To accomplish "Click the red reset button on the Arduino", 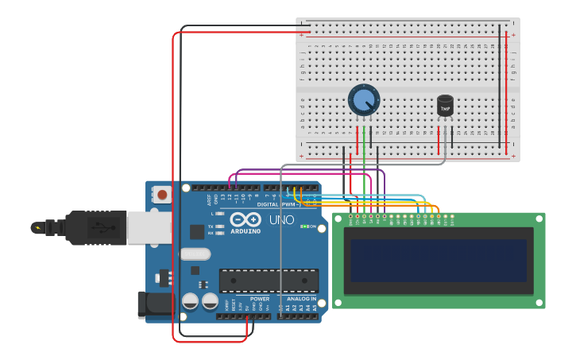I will pos(162,194).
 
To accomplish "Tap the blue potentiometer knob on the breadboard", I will pos(363,100).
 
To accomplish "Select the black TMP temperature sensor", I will pos(445,106).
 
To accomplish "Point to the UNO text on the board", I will pos(281,219).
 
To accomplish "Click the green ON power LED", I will pos(303,226).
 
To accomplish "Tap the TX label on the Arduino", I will pos(210,226).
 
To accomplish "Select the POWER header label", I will pos(260,299).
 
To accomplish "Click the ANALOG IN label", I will pos(302,299).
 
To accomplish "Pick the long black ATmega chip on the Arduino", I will pos(269,281).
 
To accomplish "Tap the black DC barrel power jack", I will pos(155,304).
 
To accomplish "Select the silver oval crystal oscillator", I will pos(195,254).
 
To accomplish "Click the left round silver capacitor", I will pos(191,300).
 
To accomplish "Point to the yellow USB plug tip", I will pos(37,228).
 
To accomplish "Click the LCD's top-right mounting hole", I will pos(540,218).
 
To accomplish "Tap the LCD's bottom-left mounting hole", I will pos(337,304).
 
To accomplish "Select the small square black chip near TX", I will pos(196,231).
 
